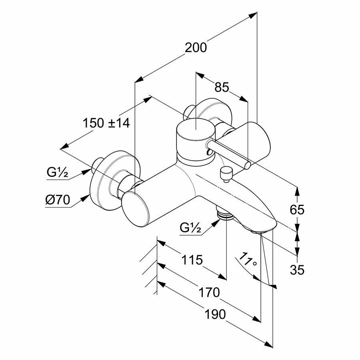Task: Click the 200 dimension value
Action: point(196,48)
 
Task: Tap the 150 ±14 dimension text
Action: point(106,123)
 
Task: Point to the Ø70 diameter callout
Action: point(58,200)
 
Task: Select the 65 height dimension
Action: point(297,209)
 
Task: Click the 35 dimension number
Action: point(297,270)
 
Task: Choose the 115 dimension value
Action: point(191,260)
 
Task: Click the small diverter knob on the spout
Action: point(226,173)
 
